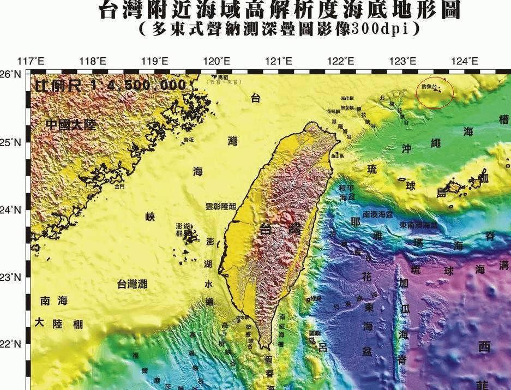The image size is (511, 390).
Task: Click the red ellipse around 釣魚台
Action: click(x=435, y=92)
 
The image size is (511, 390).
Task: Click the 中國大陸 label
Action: click(x=70, y=125)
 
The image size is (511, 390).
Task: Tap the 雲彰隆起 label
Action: click(x=221, y=207)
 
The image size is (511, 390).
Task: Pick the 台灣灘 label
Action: click(x=132, y=284)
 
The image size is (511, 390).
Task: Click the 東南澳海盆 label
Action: click(x=419, y=225)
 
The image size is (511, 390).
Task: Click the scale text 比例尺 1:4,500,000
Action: click(x=109, y=86)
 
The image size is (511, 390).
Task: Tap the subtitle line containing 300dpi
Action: click(x=279, y=29)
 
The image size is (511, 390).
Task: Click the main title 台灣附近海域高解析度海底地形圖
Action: click(x=279, y=10)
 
